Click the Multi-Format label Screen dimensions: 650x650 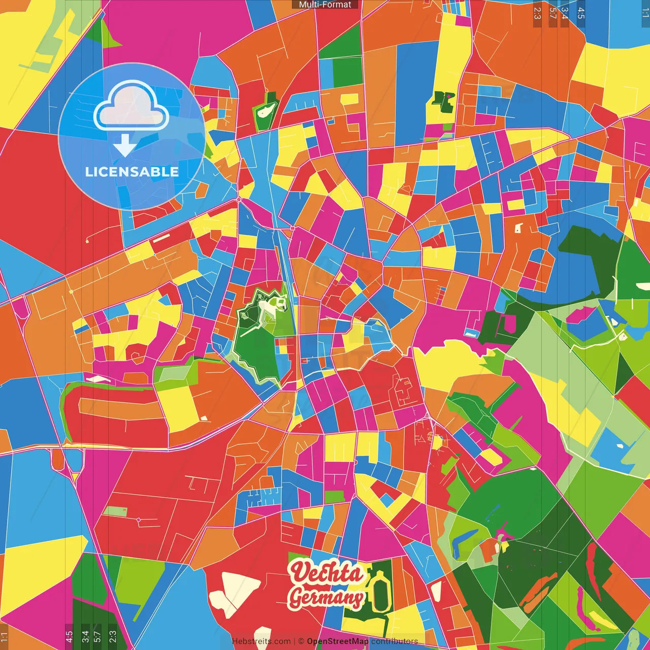click(x=325, y=5)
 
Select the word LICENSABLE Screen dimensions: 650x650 click(x=132, y=172)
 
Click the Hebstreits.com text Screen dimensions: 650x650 click(x=261, y=641)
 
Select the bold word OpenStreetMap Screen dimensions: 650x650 click(x=338, y=641)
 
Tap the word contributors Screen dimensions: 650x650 click(x=395, y=641)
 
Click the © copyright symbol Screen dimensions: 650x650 click(x=301, y=641)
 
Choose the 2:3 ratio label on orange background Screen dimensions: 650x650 click(x=537, y=13)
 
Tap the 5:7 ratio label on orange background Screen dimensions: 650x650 click(x=552, y=13)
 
